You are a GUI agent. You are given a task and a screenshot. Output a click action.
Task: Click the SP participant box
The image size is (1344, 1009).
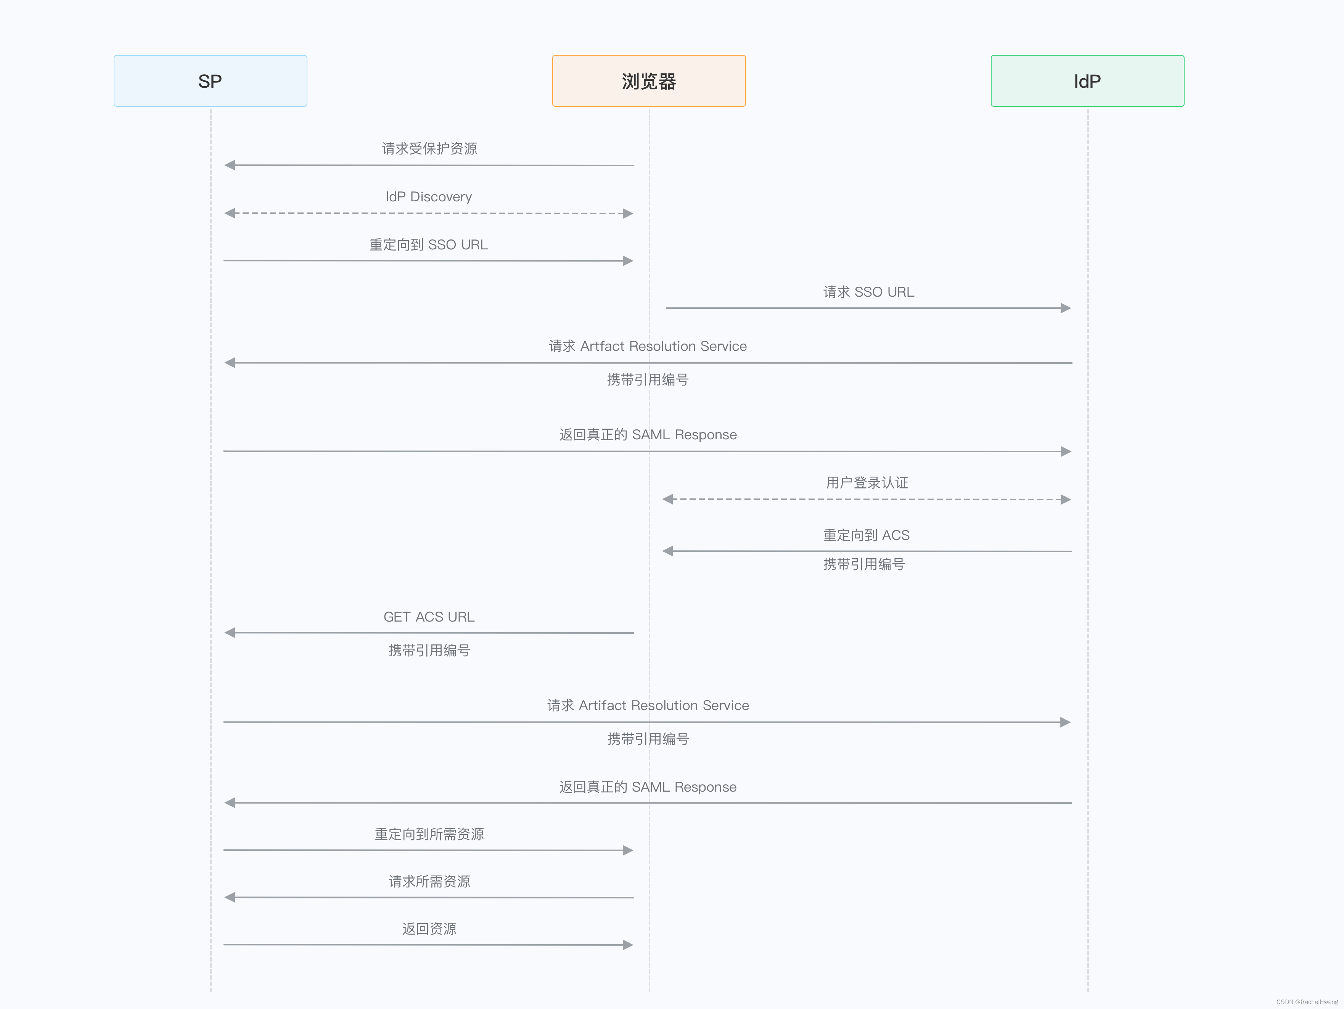pyautogui.click(x=210, y=81)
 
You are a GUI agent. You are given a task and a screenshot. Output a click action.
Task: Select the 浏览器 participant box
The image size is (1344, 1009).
pyautogui.click(x=648, y=81)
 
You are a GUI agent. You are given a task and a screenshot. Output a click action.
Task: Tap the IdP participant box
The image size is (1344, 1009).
pyautogui.click(x=1087, y=81)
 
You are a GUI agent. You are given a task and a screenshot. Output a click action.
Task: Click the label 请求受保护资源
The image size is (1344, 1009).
pyautogui.click(x=429, y=149)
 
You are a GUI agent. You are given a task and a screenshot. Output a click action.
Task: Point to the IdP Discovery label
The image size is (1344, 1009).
pyautogui.click(x=429, y=197)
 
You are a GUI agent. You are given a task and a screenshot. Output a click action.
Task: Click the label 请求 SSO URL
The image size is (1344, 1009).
pyautogui.click(x=868, y=292)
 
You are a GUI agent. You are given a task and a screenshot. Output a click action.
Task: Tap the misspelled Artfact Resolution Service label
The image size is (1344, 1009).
pyautogui.click(x=648, y=346)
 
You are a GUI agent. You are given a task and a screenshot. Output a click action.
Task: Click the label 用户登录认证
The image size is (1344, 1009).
pyautogui.click(x=867, y=483)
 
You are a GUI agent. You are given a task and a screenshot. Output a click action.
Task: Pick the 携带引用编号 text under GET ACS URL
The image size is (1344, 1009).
pyautogui.click(x=429, y=651)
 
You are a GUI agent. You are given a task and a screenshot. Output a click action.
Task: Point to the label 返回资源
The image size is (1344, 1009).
pyautogui.click(x=429, y=929)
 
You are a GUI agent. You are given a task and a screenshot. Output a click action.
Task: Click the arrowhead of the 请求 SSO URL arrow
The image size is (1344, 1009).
pyautogui.click(x=1065, y=308)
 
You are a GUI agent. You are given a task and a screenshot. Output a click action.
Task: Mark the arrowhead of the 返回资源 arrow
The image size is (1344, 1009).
pyautogui.click(x=628, y=945)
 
